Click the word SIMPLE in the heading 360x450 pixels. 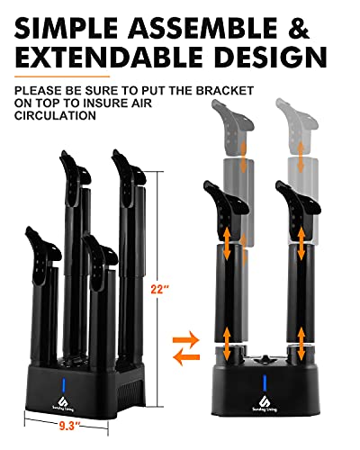pos(66,28)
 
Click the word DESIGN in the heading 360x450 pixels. pos(270,56)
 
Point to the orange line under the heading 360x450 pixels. pos(62,76)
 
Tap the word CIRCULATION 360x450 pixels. pos(55,115)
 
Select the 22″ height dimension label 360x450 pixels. pos(160,290)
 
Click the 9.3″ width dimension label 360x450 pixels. pos(70,426)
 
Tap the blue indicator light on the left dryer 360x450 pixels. pos(64,385)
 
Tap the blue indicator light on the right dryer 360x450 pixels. pos(265,382)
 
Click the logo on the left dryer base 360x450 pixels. pos(63,404)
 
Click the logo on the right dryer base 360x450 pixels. pos(265,403)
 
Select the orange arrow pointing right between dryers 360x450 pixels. pos(186,340)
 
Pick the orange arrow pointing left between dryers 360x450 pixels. pos(186,357)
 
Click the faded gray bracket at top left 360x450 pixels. pos(232,126)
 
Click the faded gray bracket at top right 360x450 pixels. pos(297,126)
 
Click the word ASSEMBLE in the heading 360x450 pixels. pos(202,28)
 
